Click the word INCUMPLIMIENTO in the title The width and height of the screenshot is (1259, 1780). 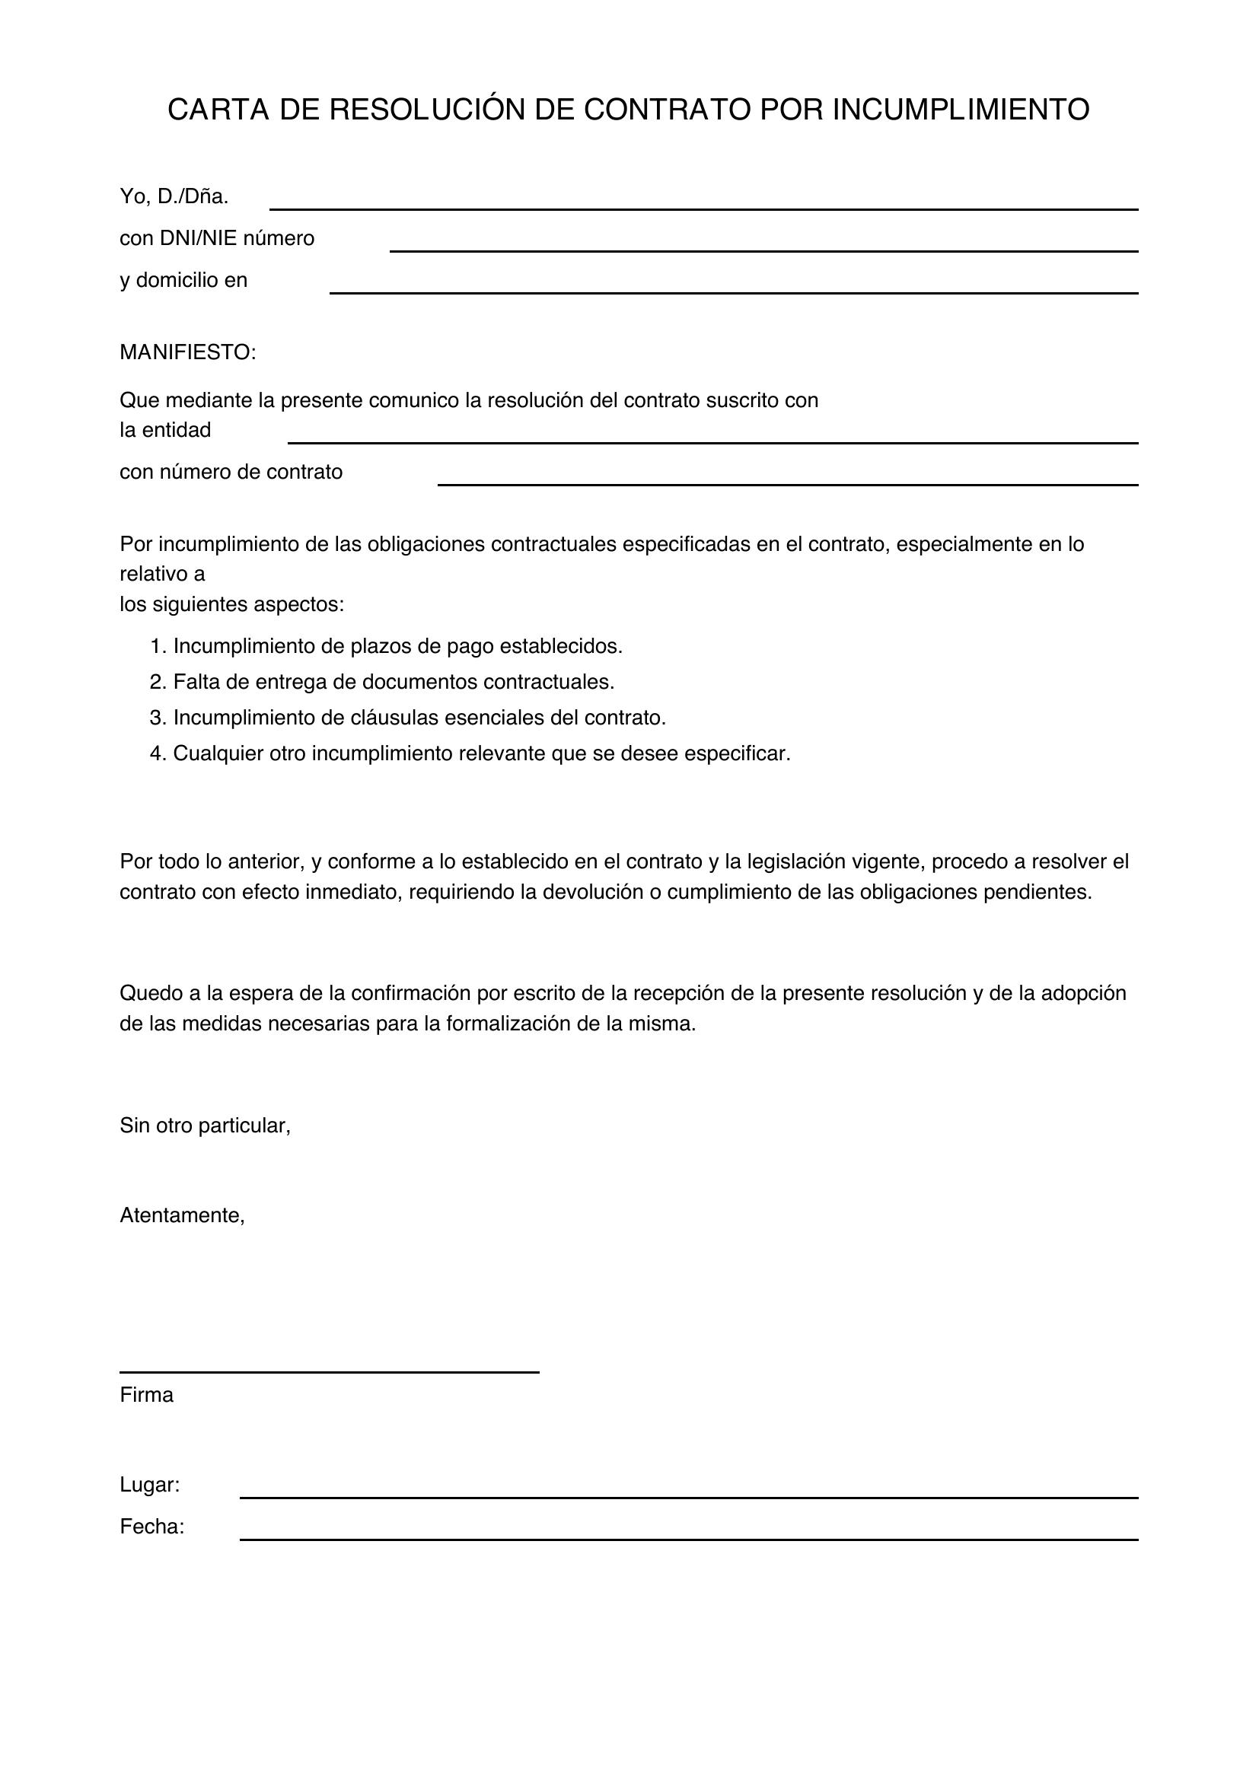pyautogui.click(x=961, y=110)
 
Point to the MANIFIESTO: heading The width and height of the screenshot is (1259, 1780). pyautogui.click(x=187, y=353)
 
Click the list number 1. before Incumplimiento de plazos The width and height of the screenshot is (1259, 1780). pyautogui.click(x=158, y=647)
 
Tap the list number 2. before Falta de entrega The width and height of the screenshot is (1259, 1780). pyautogui.click(x=158, y=682)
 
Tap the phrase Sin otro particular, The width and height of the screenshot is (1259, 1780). pyautogui.click(x=205, y=1126)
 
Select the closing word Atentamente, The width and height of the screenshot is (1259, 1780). pyautogui.click(x=182, y=1215)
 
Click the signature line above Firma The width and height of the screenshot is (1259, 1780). pyautogui.click(x=329, y=1372)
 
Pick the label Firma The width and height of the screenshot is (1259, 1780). pyautogui.click(x=146, y=1396)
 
